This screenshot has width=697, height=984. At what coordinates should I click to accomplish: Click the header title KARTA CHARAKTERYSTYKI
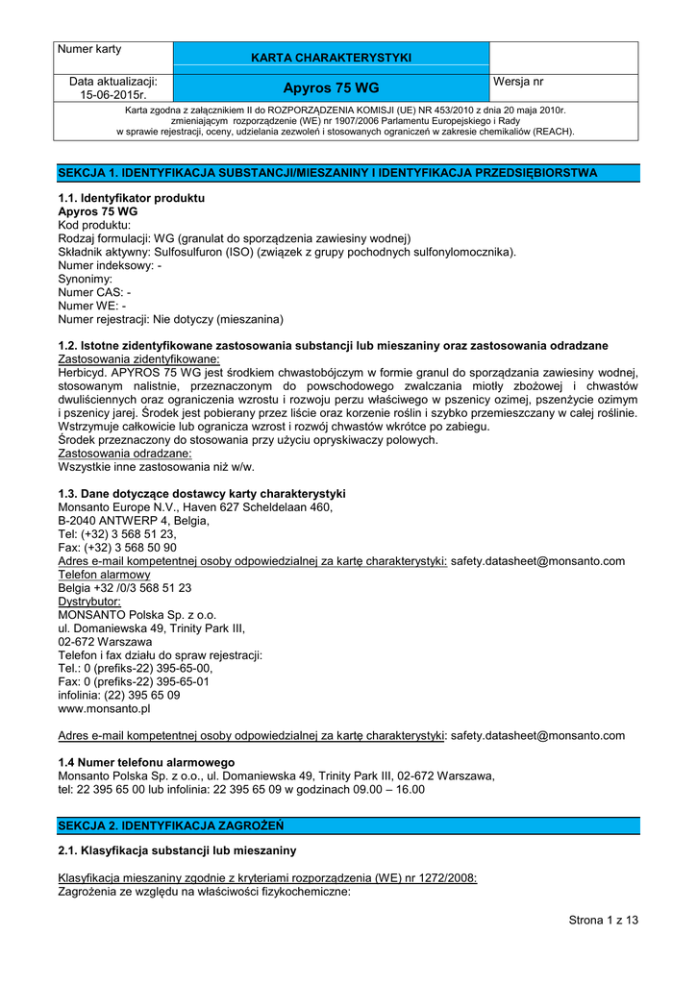tap(331, 58)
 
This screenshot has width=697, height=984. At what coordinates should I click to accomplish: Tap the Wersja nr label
tap(518, 83)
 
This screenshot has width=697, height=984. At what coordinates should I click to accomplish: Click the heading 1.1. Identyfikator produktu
tap(132, 198)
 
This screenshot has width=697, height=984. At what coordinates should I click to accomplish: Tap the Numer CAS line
tap(95, 292)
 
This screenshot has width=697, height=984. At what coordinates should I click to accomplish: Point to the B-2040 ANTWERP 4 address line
tap(133, 520)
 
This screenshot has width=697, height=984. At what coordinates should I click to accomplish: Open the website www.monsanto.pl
tap(105, 708)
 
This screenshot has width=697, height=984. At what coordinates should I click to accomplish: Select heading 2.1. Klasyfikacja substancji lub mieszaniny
tap(178, 850)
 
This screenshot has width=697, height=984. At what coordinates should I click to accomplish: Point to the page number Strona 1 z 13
tap(603, 920)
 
